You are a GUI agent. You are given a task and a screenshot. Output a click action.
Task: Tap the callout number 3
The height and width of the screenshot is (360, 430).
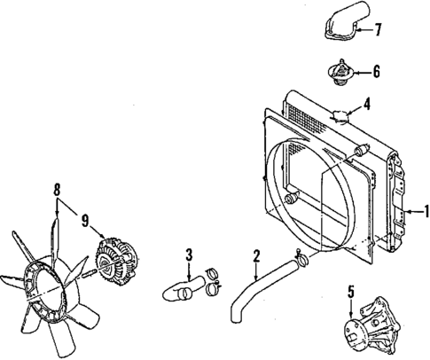click(189, 257)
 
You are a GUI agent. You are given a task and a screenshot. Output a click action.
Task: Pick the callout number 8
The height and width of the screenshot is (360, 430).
click(59, 189)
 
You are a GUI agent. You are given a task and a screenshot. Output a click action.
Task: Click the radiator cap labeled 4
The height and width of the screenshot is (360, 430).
click(342, 114)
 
